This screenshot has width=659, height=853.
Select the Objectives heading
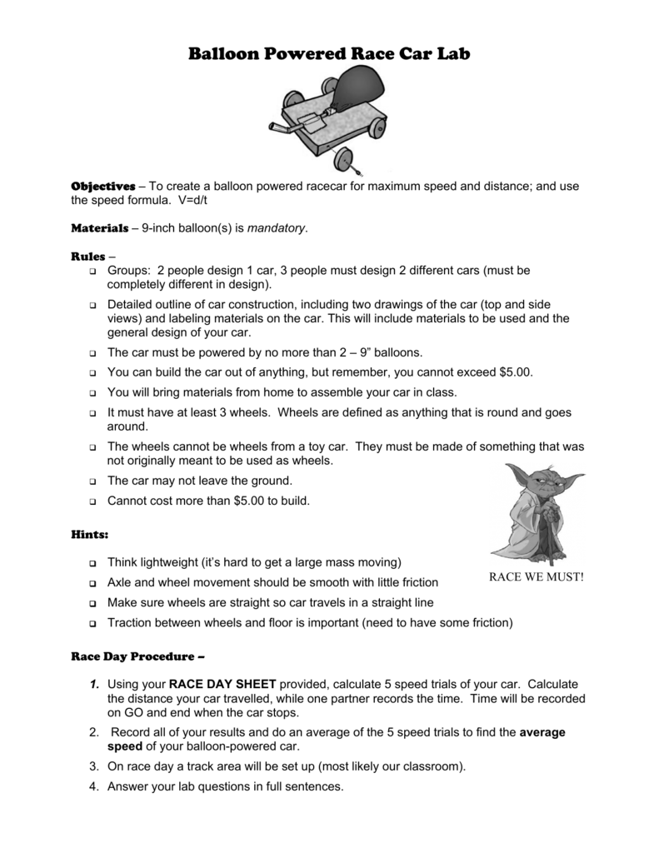102,186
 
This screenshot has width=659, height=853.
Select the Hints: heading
90,531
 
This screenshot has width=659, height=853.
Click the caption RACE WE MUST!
537,577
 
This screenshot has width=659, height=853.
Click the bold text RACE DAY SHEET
222,683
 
